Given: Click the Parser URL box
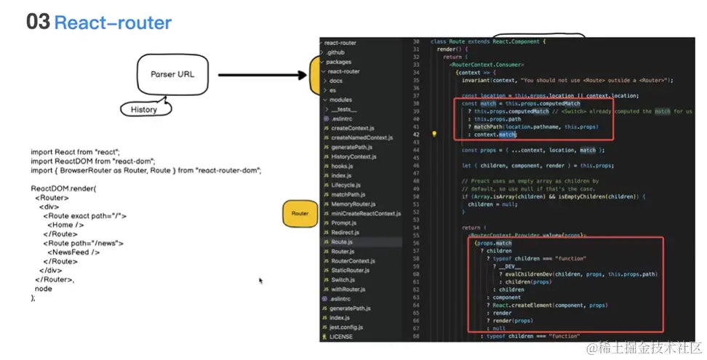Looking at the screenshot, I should pos(172,74).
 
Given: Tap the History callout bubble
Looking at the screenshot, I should pos(144,109).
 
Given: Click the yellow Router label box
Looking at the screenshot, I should pos(300,213).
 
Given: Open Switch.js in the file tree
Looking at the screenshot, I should pos(343,279).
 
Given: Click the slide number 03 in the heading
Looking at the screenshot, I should pos(38,22).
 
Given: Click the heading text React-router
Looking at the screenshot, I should pos(113,23).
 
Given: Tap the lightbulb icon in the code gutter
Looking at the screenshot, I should pos(434,134).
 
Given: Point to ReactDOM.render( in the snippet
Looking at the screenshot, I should pos(63,188).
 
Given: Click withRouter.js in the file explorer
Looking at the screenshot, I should pos(348,289).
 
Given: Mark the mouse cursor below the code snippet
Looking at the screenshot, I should pos(260,280).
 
